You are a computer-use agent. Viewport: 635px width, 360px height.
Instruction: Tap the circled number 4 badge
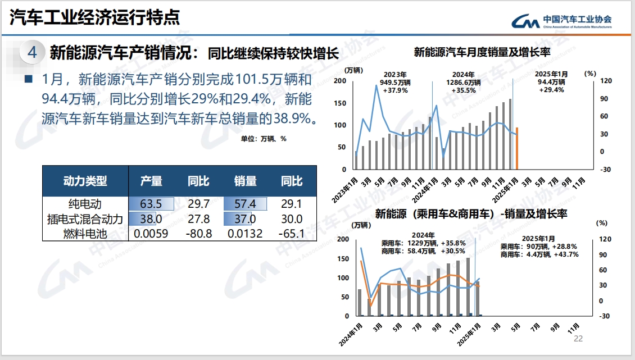click(x=32, y=52)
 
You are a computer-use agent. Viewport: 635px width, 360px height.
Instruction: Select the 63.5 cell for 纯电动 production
click(x=151, y=203)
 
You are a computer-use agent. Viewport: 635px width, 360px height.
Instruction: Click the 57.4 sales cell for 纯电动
click(x=245, y=203)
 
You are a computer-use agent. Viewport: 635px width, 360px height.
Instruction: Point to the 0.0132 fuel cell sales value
click(x=245, y=234)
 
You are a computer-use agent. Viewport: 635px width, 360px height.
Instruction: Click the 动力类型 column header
click(x=85, y=181)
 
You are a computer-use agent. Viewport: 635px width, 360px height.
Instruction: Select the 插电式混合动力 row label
click(x=85, y=219)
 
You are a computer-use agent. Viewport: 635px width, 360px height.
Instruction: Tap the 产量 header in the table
click(x=151, y=181)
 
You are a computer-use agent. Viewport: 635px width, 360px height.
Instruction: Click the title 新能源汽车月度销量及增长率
click(x=481, y=53)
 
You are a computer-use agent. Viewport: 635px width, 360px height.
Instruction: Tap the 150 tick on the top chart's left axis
click(x=340, y=103)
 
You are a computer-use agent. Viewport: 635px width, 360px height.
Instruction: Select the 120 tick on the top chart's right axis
click(x=605, y=81)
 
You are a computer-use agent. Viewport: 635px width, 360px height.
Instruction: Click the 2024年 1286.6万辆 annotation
click(x=464, y=82)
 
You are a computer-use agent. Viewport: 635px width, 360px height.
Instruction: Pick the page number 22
click(x=578, y=339)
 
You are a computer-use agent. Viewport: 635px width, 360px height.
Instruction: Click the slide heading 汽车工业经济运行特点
click(x=95, y=17)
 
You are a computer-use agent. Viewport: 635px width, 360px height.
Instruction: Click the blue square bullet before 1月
click(x=29, y=79)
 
